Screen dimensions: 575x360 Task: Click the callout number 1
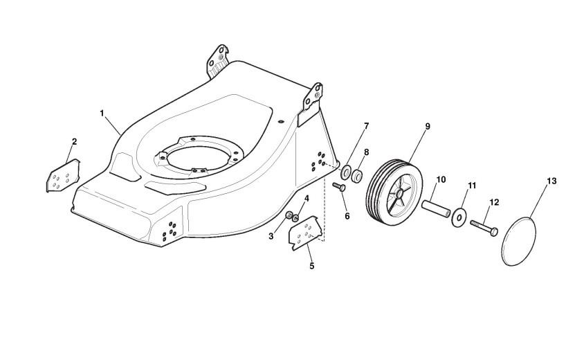click(x=102, y=112)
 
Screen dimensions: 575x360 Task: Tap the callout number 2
click(x=74, y=142)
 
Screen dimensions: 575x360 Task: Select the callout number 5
click(x=311, y=266)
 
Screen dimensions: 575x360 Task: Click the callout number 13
click(x=551, y=181)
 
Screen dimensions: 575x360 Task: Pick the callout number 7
click(x=366, y=126)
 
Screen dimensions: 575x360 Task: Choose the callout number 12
click(x=494, y=201)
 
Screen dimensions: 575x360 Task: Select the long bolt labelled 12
click(x=484, y=228)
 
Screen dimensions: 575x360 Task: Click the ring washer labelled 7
click(x=345, y=170)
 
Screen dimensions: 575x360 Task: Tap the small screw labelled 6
click(x=340, y=188)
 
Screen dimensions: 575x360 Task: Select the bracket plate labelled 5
click(x=305, y=235)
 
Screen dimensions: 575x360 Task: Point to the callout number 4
click(x=307, y=199)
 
